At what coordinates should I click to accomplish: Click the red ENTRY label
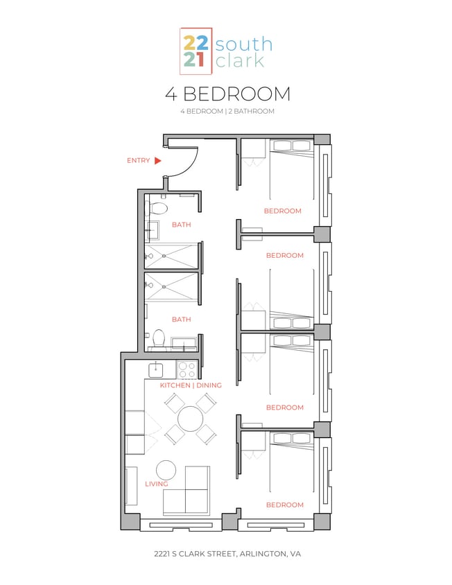tap(138, 161)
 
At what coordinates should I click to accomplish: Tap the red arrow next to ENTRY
tap(158, 161)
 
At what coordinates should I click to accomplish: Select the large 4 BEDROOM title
tap(227, 94)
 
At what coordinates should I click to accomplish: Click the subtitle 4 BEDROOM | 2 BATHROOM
tap(227, 112)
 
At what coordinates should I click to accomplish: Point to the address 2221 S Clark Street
tap(227, 555)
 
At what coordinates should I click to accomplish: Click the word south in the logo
tap(243, 45)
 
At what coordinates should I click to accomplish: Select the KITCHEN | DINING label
tap(191, 385)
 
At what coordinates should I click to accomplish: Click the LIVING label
tap(157, 484)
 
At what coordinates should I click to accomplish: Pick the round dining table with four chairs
tap(190, 419)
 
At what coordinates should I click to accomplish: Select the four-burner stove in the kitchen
tap(186, 368)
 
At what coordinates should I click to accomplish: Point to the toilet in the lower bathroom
tap(159, 339)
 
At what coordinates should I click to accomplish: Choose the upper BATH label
tap(181, 225)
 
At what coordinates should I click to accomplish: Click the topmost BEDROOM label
tap(283, 211)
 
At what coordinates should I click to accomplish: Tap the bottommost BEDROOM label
tap(284, 505)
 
